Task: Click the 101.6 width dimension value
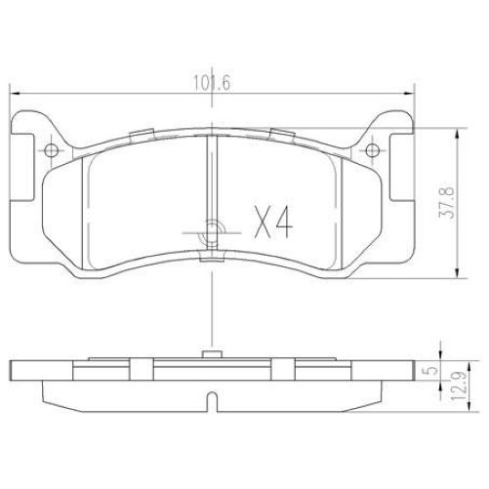pos(212,84)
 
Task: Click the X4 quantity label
pos(272,224)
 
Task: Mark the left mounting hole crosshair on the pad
pos(49,149)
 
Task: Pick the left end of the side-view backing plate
pos(13,371)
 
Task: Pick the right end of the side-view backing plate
pos(413,371)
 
